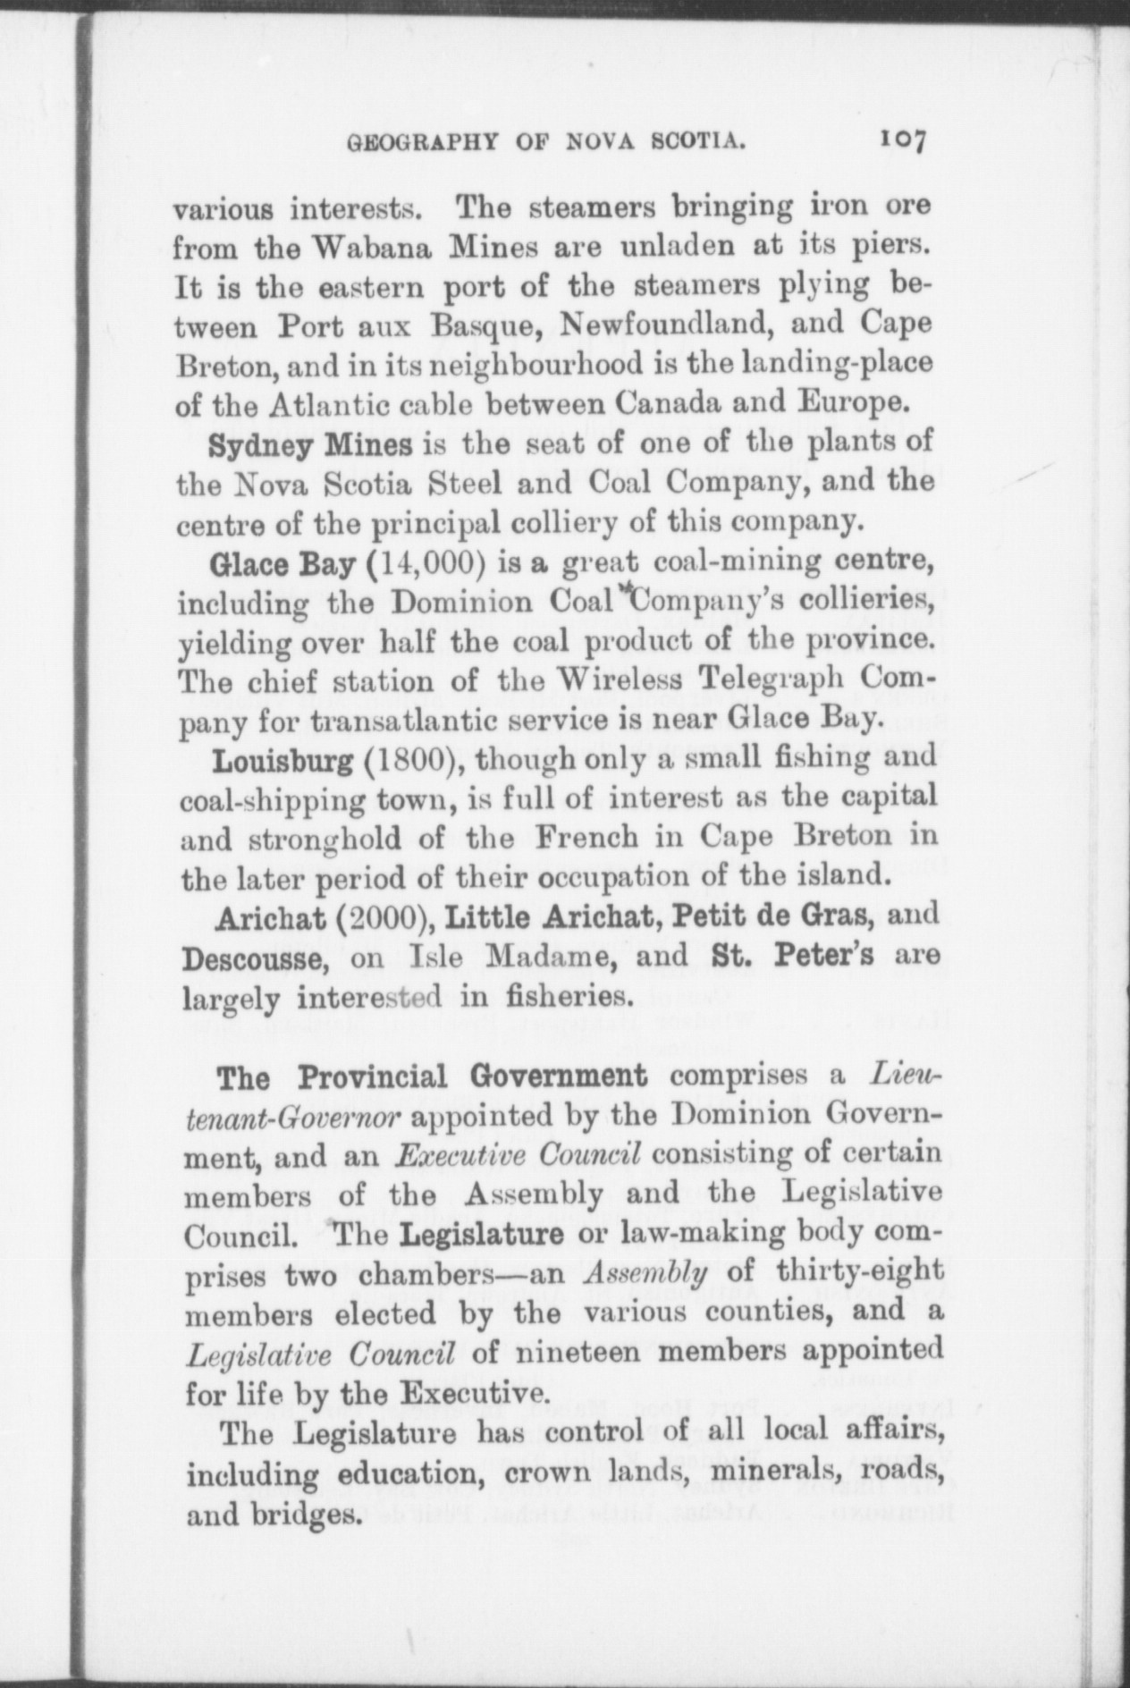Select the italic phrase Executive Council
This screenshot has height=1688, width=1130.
tap(519, 1154)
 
